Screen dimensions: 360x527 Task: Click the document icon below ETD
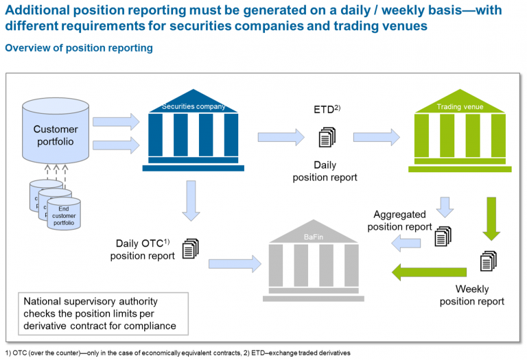coord(327,137)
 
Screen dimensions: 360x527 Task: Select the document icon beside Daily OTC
coord(189,248)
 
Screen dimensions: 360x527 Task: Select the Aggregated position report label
coord(399,221)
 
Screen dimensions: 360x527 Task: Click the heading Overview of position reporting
coord(79,49)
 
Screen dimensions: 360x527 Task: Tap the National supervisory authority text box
coord(103,313)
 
